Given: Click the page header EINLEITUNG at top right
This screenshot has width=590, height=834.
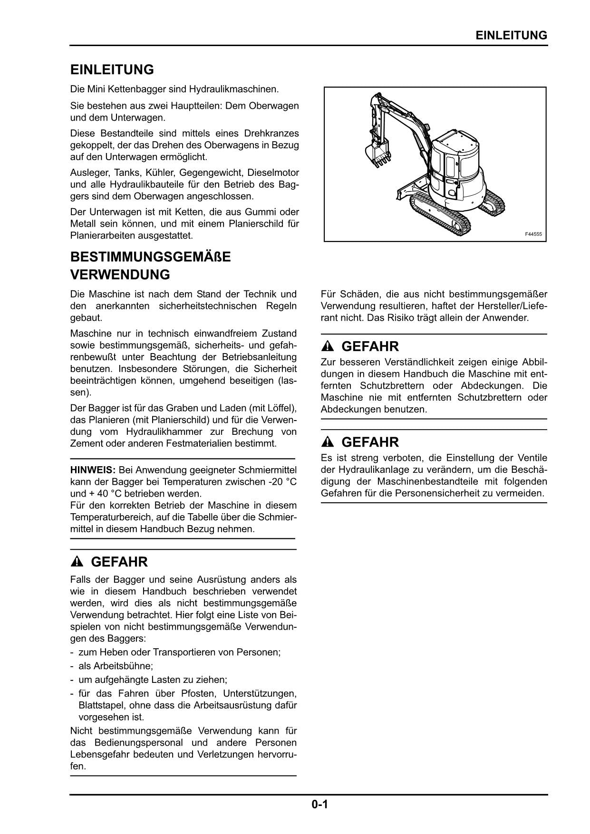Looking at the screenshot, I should pyautogui.click(x=511, y=36).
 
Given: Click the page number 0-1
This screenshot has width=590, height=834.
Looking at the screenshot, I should pyautogui.click(x=320, y=805).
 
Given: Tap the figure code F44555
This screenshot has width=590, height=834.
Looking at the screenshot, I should pyautogui.click(x=533, y=234).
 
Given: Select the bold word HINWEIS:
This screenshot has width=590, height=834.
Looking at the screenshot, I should pyautogui.click(x=93, y=470).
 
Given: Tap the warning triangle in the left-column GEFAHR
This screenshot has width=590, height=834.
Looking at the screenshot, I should pyautogui.click(x=77, y=562).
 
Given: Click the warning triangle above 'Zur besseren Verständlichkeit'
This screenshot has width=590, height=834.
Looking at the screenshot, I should pyautogui.click(x=328, y=346).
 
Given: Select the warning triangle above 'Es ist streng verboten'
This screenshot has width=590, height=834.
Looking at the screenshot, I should pyautogui.click(x=328, y=442).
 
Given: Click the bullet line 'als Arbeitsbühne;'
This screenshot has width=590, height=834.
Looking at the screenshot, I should pyautogui.click(x=116, y=666).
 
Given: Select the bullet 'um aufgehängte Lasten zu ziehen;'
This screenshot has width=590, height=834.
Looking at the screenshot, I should pyautogui.click(x=153, y=680).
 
